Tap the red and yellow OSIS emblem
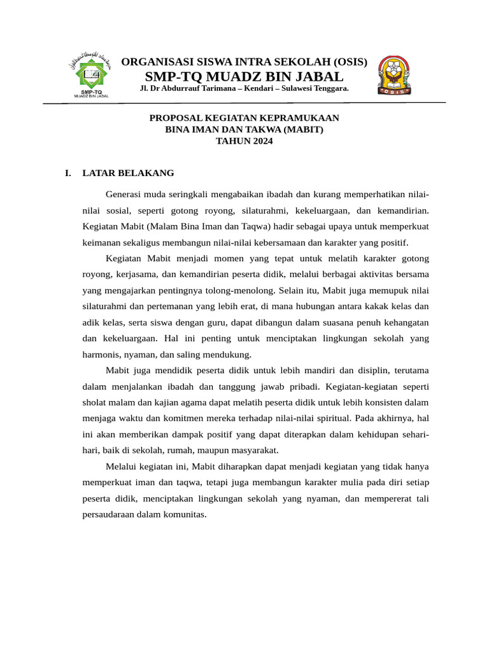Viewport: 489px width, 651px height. pyautogui.click(x=394, y=74)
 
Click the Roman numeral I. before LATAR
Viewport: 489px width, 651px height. pyautogui.click(x=68, y=173)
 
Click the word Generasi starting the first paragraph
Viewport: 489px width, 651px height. pyautogui.click(x=126, y=194)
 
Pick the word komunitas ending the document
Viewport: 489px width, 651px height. pyautogui.click(x=185, y=515)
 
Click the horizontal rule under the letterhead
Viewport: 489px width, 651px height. pyautogui.click(x=244, y=103)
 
